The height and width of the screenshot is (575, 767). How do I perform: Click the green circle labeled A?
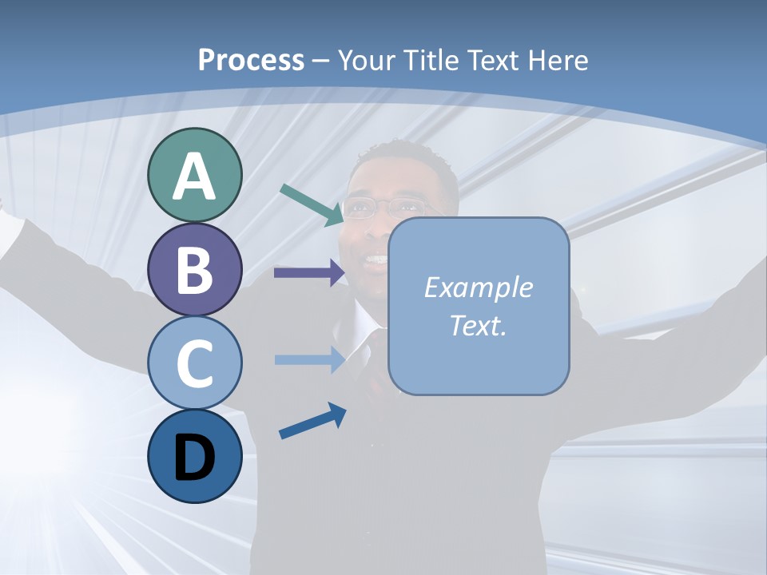click(194, 175)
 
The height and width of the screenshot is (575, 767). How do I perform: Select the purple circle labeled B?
click(194, 269)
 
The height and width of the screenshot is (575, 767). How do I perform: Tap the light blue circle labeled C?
click(194, 363)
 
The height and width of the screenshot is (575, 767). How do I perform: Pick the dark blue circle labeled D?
click(194, 456)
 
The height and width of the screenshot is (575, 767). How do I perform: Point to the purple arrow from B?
click(308, 273)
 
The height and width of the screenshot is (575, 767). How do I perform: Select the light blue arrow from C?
click(308, 359)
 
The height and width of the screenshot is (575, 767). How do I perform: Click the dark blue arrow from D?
click(312, 421)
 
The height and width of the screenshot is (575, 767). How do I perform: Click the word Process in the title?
click(251, 60)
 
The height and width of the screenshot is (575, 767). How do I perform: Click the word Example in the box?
click(478, 287)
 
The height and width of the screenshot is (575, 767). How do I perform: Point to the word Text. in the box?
click(478, 325)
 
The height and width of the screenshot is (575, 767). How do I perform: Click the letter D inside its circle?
click(194, 458)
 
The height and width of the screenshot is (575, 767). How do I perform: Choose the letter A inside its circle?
click(194, 176)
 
